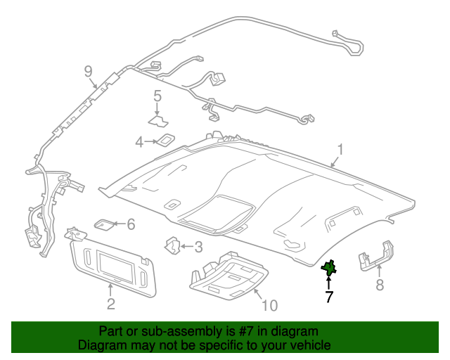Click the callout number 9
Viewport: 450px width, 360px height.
tap(89, 71)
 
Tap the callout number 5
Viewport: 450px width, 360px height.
tap(157, 96)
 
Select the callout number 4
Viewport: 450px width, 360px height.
tap(139, 142)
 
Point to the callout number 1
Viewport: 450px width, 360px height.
tap(340, 150)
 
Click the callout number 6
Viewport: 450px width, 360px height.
tap(131, 224)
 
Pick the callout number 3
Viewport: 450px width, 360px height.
tap(198, 247)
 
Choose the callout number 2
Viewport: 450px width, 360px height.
tap(111, 304)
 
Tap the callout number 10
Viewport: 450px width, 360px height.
tap(270, 305)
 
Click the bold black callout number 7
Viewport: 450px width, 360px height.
tap(329, 297)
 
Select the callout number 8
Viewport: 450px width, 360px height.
tap(380, 285)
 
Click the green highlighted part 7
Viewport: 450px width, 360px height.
tap(329, 268)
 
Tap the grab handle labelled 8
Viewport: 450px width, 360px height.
tap(375, 256)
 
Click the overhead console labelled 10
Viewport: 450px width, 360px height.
tap(229, 275)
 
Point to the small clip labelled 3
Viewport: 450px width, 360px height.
tap(173, 245)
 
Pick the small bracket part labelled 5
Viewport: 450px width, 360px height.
tap(158, 120)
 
